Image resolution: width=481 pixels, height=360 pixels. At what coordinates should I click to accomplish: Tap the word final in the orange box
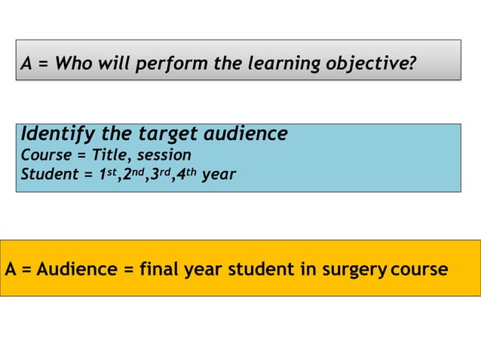pyautogui.click(x=159, y=269)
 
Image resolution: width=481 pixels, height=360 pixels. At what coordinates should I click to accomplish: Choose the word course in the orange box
pyautogui.click(x=419, y=269)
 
